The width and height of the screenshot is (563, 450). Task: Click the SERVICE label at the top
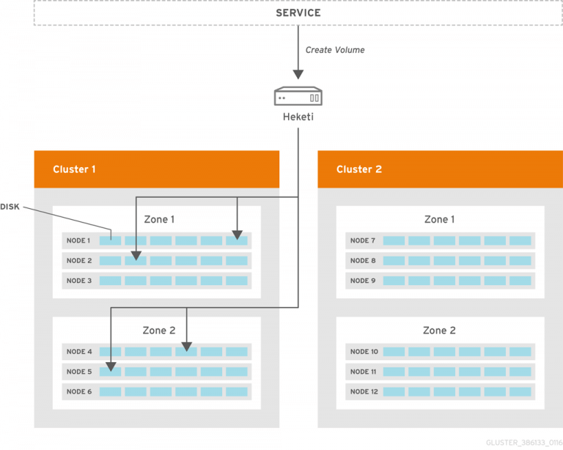click(298, 13)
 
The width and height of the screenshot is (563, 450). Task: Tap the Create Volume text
click(335, 51)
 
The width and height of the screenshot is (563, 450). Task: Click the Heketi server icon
click(298, 97)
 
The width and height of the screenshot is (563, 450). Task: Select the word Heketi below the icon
click(298, 117)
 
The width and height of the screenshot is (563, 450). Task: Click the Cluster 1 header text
click(74, 169)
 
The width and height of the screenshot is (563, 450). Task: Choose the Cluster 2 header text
click(358, 169)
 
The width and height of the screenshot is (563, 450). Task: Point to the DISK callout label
click(10, 207)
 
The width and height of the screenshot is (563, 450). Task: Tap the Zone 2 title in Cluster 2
click(439, 331)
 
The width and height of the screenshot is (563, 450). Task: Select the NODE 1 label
click(78, 240)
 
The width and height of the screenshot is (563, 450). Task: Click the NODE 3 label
click(78, 281)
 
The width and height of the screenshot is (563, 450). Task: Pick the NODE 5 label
click(78, 372)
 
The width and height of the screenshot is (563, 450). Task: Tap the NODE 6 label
click(78, 391)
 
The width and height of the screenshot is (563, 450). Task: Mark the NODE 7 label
click(363, 240)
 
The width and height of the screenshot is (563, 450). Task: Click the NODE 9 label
click(363, 281)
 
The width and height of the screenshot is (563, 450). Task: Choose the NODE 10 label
click(364, 352)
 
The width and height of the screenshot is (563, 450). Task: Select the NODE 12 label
click(364, 391)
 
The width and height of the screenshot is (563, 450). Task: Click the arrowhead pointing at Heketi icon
click(298, 74)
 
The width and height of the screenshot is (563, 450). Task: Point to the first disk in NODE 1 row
click(110, 240)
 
